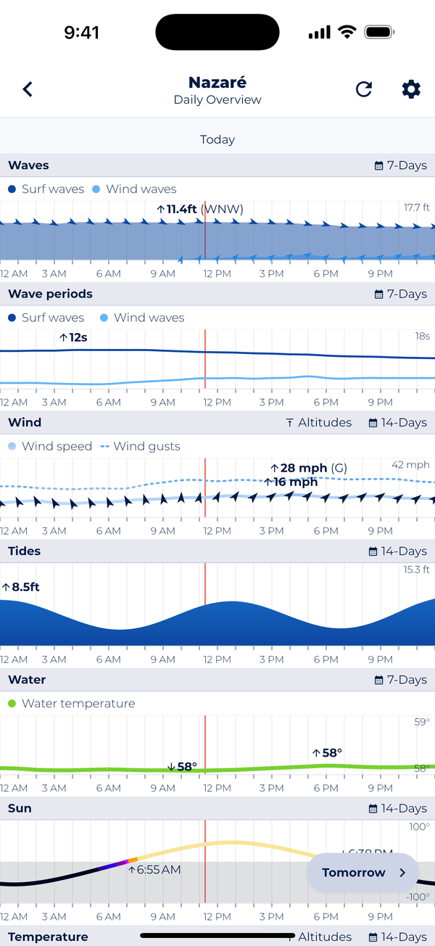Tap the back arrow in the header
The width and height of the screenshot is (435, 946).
click(28, 89)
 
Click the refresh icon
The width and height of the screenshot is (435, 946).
click(364, 89)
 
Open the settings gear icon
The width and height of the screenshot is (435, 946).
click(411, 89)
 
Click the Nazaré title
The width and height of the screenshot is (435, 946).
click(217, 82)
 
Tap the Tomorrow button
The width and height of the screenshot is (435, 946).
click(362, 873)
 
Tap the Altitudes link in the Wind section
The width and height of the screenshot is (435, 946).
click(318, 423)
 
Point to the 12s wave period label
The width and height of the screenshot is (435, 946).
click(73, 337)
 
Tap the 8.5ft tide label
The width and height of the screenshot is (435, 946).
click(21, 587)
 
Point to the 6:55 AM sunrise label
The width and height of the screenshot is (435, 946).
click(154, 869)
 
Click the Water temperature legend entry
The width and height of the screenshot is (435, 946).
click(71, 704)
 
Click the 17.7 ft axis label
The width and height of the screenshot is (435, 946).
click(417, 207)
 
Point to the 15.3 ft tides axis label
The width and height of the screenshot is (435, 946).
click(417, 569)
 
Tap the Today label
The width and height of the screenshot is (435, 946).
click(217, 139)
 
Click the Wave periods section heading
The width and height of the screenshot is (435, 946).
click(51, 294)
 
